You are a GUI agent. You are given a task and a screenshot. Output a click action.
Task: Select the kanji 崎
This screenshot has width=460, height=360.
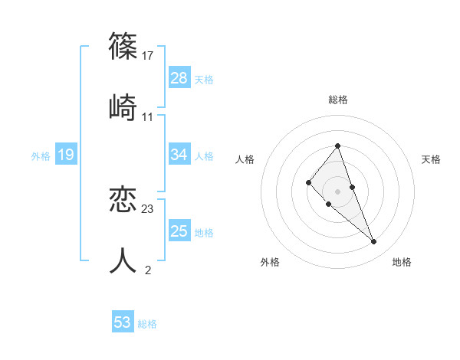(x=123, y=107)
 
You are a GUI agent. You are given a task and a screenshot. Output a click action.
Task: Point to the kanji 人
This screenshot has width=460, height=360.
(x=123, y=260)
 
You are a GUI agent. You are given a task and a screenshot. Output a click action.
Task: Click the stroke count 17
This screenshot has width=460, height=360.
(x=148, y=55)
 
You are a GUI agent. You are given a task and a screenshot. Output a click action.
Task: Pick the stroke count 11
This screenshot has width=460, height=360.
(x=148, y=117)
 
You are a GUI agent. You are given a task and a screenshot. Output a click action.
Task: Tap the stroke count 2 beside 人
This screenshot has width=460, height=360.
(x=148, y=270)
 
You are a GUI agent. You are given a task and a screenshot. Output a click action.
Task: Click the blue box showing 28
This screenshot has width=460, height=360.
(x=179, y=78)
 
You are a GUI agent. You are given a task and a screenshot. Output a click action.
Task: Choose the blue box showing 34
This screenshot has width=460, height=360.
(x=179, y=155)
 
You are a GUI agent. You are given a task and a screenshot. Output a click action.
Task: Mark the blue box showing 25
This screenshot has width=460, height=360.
(x=179, y=231)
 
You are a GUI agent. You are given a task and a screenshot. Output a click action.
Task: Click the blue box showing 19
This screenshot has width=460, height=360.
(x=66, y=155)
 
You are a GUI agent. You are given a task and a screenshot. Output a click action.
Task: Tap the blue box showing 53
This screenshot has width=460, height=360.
(x=123, y=322)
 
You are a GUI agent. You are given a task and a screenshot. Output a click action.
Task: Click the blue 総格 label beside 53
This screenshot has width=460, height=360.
(x=148, y=324)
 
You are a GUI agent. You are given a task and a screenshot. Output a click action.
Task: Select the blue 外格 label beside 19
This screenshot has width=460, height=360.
(x=41, y=156)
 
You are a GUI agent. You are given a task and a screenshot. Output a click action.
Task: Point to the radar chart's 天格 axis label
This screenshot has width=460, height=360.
(x=432, y=159)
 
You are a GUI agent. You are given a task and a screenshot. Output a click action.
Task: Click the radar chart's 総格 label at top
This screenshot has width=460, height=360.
(x=338, y=100)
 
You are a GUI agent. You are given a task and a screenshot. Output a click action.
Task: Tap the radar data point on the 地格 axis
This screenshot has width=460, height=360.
(x=374, y=242)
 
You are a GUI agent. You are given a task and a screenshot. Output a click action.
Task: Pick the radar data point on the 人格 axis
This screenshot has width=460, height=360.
(x=308, y=182)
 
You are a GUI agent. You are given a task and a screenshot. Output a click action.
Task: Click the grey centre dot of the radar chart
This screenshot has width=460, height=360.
(x=337, y=191)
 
